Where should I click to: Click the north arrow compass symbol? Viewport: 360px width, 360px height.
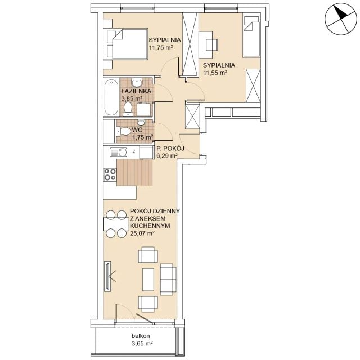[x=341, y=19]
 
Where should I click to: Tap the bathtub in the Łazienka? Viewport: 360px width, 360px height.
[x=111, y=97]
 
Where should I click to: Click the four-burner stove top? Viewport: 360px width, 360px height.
[x=110, y=174]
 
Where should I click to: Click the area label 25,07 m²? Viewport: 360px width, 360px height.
[x=142, y=233]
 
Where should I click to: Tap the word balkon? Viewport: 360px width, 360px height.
[x=141, y=336]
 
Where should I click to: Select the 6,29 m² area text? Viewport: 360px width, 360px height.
[x=166, y=156]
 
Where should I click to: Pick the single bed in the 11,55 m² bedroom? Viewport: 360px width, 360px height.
[x=251, y=36]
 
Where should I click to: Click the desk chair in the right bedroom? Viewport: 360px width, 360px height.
[x=211, y=45]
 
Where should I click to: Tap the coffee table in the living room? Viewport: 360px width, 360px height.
[x=148, y=280]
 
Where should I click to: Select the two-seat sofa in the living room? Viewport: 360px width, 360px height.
[x=168, y=280]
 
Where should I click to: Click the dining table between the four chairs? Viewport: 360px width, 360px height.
[x=116, y=224]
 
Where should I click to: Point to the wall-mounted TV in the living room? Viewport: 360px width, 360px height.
[x=107, y=276]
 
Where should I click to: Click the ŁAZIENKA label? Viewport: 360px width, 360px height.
[x=136, y=91]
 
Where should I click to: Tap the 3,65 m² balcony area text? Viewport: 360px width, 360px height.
[x=142, y=344]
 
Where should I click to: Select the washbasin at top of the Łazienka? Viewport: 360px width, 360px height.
[x=137, y=82]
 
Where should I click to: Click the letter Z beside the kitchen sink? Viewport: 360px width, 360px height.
[x=134, y=151]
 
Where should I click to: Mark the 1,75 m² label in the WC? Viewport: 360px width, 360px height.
[x=142, y=137]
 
